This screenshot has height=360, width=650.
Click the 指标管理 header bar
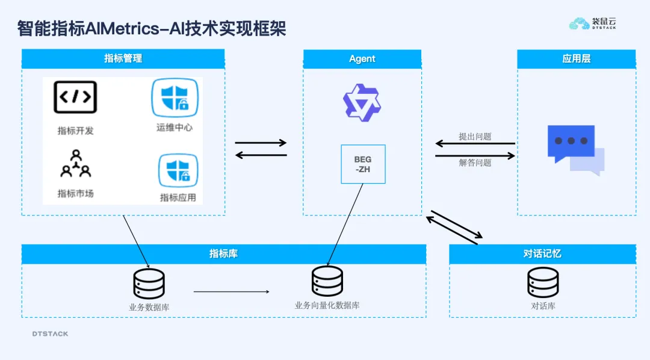tap(123, 58)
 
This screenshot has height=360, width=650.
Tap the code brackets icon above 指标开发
tap(75, 97)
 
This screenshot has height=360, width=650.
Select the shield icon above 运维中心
tap(175, 98)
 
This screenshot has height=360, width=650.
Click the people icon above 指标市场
tap(76, 165)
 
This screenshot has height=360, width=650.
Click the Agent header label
tap(362, 58)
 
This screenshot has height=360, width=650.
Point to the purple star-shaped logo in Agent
tap(362, 102)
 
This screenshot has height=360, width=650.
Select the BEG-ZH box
tap(363, 164)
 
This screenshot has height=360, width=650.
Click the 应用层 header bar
tap(576, 58)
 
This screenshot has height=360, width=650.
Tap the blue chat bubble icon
tap(575, 148)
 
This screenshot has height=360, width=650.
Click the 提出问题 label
tap(475, 137)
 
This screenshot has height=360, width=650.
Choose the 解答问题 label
tap(475, 163)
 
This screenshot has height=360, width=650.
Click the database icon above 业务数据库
tap(149, 284)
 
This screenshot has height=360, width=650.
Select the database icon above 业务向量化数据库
tap(327, 281)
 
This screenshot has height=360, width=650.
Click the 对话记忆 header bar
tap(542, 253)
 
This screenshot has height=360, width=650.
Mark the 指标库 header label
tap(223, 253)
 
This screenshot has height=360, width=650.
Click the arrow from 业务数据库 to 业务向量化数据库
tap(232, 292)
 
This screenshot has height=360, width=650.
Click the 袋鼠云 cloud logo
tap(580, 23)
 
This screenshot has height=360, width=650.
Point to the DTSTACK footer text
tap(50, 334)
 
